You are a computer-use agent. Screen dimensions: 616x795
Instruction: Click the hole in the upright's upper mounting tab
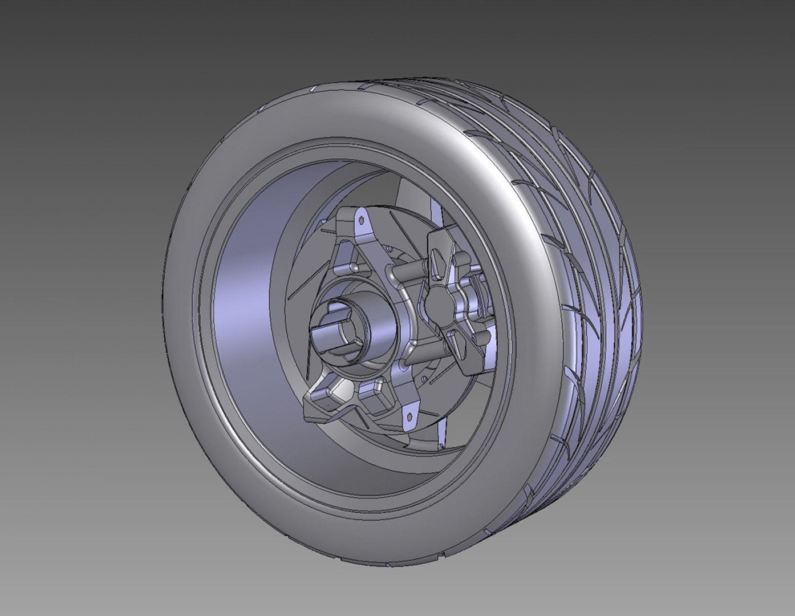(x=360, y=220)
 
